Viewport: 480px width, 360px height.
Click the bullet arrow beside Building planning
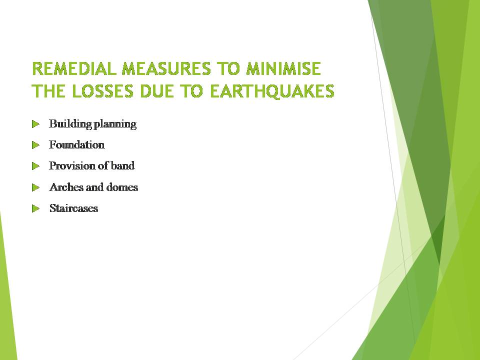[35, 123]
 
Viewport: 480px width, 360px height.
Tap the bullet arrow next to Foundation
[35, 145]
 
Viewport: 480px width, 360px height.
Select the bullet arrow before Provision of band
[35, 165]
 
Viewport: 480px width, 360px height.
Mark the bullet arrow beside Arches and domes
[35, 187]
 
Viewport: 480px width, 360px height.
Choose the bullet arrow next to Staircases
[35, 208]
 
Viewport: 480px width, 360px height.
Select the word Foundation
[77, 145]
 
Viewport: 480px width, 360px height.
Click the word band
[123, 165]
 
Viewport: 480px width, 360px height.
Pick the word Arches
[63, 187]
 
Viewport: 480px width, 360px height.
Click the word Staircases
[73, 208]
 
